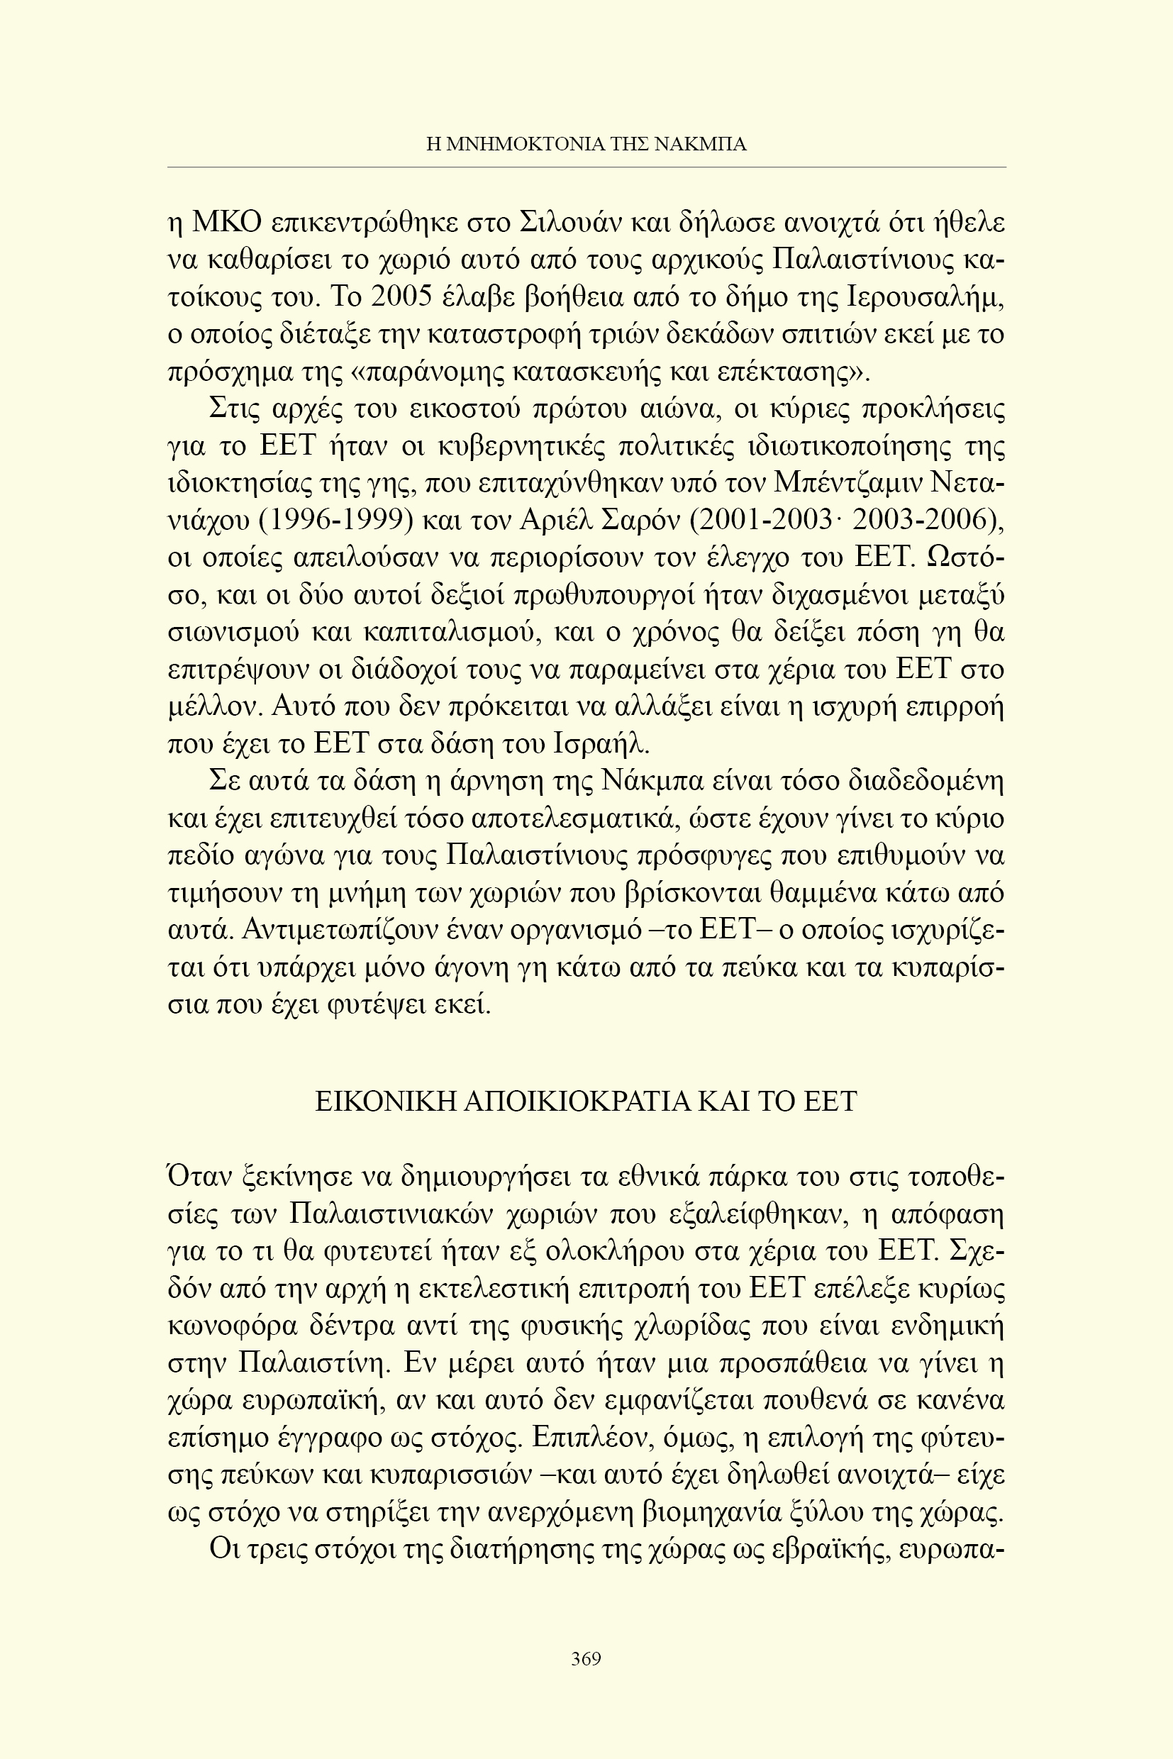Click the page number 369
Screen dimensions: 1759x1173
[x=586, y=1659]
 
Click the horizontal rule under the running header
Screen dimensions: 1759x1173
[x=586, y=167]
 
